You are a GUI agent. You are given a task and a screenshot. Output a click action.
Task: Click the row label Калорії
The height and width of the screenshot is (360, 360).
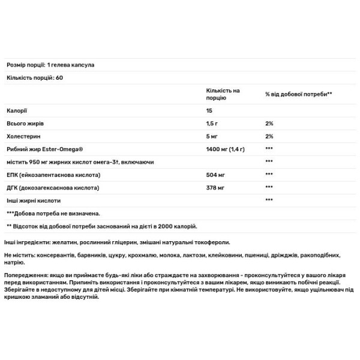point(16,110)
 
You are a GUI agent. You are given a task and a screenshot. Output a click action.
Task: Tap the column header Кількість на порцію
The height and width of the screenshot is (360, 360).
point(223,93)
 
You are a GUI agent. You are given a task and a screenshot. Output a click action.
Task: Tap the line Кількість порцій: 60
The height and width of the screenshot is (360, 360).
point(34,78)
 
